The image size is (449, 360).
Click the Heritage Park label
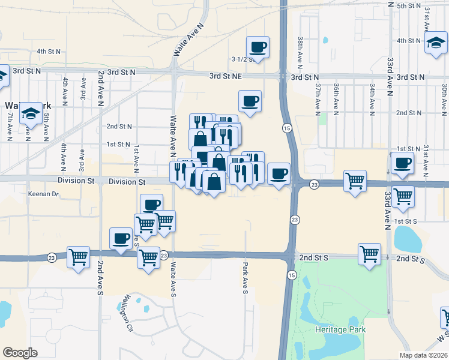pos(340,329)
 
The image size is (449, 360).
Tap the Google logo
pos(20,352)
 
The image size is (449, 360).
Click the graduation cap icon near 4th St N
pos(435,43)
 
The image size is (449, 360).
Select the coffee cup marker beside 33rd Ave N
pos(402,162)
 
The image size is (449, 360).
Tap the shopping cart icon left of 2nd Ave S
pos(79,257)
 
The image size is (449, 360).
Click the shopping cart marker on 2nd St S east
pos(369,254)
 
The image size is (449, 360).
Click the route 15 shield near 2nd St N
pos(286,128)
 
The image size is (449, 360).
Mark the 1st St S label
pos(407,221)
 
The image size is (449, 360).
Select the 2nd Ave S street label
pos(100,278)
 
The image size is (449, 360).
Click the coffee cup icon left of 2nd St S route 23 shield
pos(121,239)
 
